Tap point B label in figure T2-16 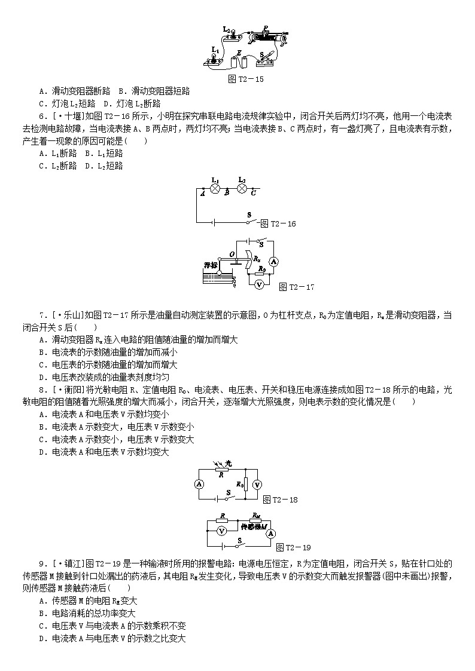click(227, 193)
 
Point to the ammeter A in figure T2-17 click(273, 261)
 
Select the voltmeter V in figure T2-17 click(259, 285)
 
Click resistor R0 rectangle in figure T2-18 click(245, 485)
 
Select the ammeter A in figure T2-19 click(271, 532)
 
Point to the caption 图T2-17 click(297, 287)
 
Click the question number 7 click(41, 314)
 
